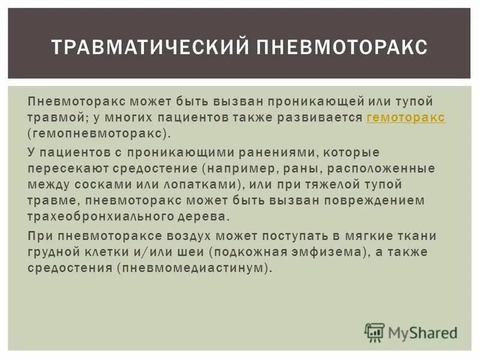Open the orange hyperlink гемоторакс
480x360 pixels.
point(406,118)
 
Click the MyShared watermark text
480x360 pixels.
point(422,332)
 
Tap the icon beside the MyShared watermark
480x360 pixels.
point(374,332)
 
